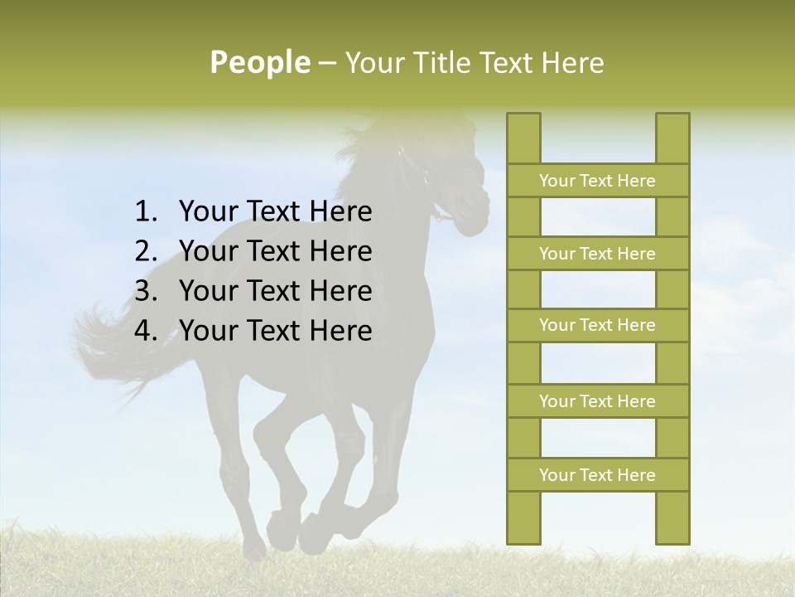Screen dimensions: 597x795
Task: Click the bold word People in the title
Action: point(259,62)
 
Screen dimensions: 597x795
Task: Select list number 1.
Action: point(146,212)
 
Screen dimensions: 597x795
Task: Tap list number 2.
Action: point(146,251)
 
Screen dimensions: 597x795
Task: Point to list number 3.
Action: point(146,291)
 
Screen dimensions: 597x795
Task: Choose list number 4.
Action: point(146,331)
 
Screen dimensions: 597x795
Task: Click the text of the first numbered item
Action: point(275,212)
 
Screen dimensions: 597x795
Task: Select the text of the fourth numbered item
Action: point(275,331)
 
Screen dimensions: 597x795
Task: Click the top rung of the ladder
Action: point(597,181)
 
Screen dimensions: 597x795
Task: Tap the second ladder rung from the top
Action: point(597,254)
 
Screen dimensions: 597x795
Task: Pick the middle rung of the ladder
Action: point(597,326)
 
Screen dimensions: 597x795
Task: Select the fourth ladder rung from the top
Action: point(597,401)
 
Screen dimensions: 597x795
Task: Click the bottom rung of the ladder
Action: point(597,475)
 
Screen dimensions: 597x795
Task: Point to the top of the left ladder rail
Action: point(523,120)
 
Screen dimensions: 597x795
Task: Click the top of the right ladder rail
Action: point(672,120)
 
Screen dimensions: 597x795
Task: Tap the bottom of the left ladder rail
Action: point(523,536)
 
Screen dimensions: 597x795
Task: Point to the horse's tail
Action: point(116,340)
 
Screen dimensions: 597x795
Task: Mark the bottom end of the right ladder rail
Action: point(672,536)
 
